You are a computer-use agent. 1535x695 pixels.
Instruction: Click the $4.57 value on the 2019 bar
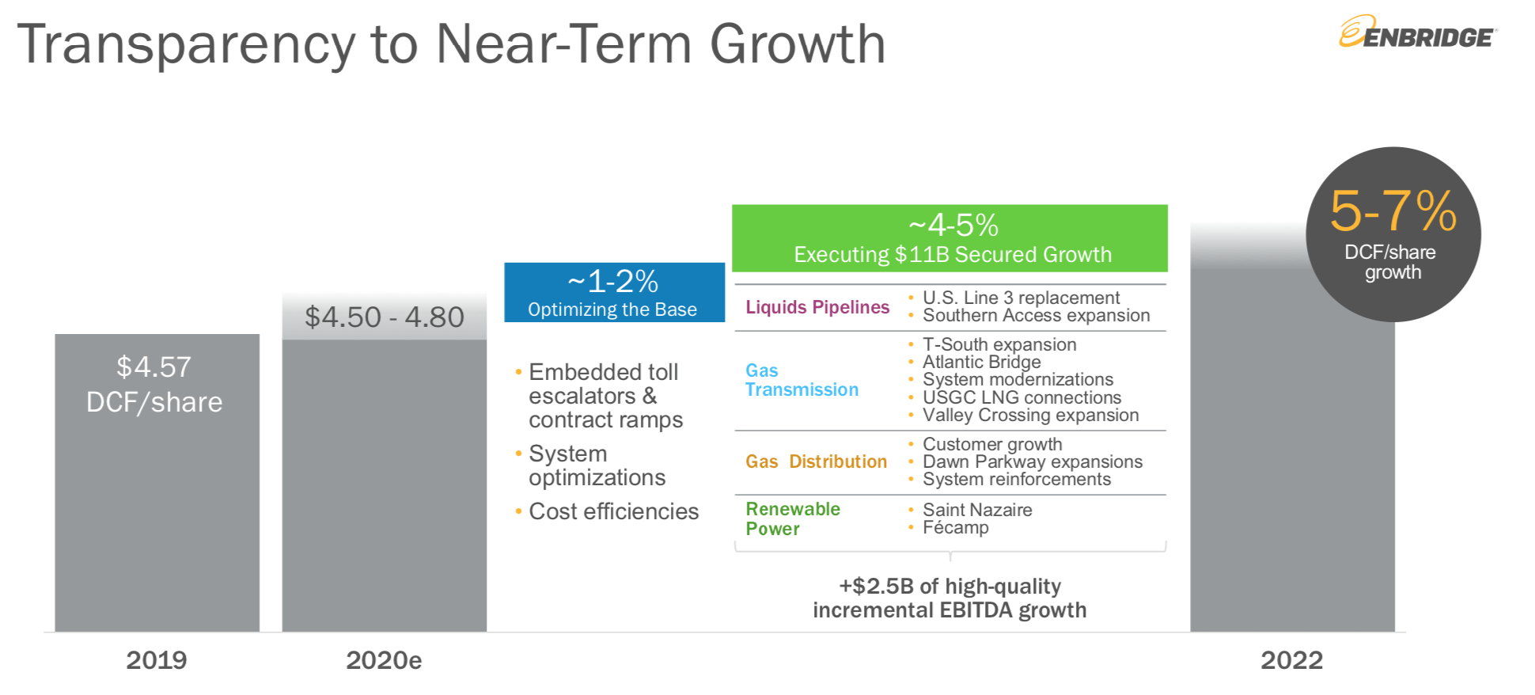pyautogui.click(x=153, y=367)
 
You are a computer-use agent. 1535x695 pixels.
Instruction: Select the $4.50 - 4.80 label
pyautogui.click(x=385, y=317)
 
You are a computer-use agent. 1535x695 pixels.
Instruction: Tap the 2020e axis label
pyautogui.click(x=384, y=660)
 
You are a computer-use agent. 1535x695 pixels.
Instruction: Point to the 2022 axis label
pyautogui.click(x=1291, y=660)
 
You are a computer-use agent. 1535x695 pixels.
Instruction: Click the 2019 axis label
pyautogui.click(x=157, y=660)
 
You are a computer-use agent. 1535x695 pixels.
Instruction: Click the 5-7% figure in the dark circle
pyautogui.click(x=1393, y=211)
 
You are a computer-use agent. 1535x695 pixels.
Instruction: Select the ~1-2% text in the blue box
pyautogui.click(x=613, y=282)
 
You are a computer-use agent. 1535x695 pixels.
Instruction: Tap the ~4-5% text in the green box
pyautogui.click(x=953, y=226)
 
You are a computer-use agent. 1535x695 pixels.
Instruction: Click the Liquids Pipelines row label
pyautogui.click(x=817, y=307)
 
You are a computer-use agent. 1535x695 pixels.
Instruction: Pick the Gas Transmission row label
pyautogui.click(x=801, y=380)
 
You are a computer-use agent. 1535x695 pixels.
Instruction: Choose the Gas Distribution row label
pyautogui.click(x=816, y=461)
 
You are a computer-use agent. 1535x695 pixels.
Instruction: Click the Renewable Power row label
pyautogui.click(x=792, y=518)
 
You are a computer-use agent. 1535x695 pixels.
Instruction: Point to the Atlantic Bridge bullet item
pyautogui.click(x=981, y=362)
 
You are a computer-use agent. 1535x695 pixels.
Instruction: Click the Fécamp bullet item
pyautogui.click(x=955, y=528)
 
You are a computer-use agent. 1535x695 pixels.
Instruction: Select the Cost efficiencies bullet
pyautogui.click(x=613, y=511)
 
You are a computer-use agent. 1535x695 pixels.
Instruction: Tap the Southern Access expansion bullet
pyautogui.click(x=1036, y=316)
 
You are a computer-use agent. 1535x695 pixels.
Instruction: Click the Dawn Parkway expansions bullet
pyautogui.click(x=1032, y=461)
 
